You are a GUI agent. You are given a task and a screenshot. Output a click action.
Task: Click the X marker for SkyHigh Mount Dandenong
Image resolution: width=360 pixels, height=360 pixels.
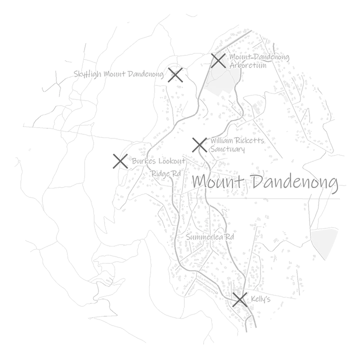tap(175, 75)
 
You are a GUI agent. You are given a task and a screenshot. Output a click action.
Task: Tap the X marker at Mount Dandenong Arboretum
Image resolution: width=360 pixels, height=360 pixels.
tap(218, 60)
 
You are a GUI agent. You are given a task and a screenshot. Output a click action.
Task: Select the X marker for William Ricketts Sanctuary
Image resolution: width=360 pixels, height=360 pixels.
tap(199, 145)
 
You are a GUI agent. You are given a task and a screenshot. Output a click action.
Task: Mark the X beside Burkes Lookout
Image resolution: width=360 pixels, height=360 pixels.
tap(120, 161)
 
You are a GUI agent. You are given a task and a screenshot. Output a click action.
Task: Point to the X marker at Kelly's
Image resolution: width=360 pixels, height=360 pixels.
tap(239, 299)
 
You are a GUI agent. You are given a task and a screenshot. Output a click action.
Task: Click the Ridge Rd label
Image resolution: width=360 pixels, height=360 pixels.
tap(166, 173)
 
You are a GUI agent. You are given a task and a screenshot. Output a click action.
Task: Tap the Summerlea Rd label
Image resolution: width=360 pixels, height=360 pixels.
tap(210, 236)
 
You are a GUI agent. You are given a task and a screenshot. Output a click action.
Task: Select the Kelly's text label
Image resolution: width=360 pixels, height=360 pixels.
tap(260, 299)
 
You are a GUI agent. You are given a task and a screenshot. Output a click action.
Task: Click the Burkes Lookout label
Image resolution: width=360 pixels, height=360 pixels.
tap(158, 161)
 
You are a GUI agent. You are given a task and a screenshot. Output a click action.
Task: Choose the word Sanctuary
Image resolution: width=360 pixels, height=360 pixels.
tap(227, 149)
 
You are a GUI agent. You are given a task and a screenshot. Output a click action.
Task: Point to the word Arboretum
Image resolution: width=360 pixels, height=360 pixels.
tap(248, 65)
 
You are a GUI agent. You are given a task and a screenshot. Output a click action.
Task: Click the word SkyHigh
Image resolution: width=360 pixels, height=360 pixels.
tap(87, 74)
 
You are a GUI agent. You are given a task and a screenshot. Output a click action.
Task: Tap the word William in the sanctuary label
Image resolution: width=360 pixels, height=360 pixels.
tap(221, 140)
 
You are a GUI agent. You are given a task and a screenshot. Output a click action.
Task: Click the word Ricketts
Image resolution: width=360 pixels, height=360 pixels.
tap(249, 140)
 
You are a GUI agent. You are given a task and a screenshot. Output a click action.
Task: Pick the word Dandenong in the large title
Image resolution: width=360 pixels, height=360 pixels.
tap(295, 183)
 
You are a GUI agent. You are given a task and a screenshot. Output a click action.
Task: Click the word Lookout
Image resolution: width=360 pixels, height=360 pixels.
tap(172, 161)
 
